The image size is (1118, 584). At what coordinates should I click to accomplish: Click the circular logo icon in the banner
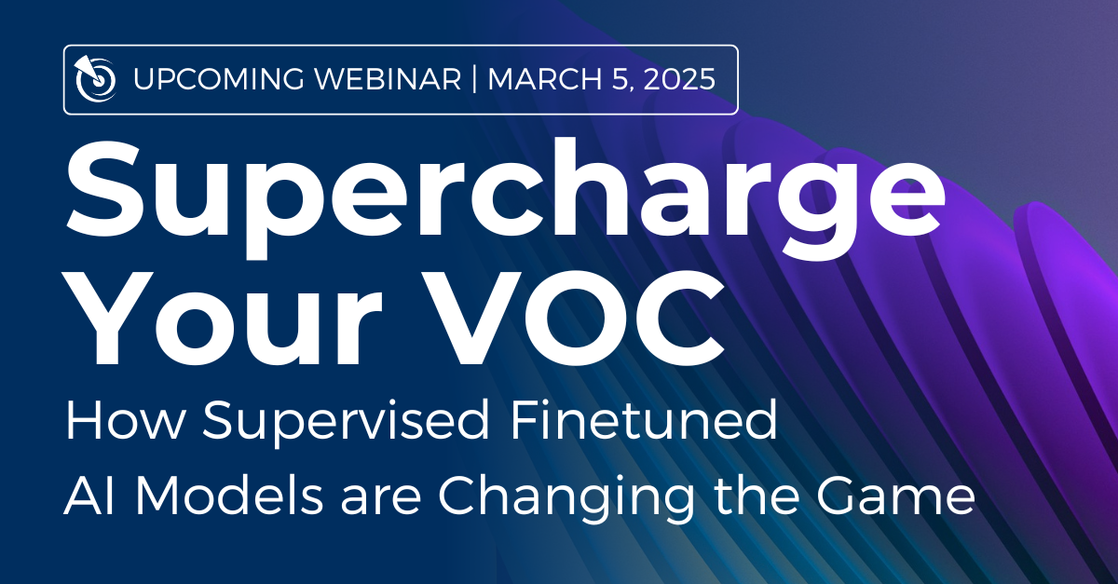pos(95,79)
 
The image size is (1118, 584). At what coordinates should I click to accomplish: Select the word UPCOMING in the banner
pos(219,79)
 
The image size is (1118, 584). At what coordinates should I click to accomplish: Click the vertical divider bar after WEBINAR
pos(474,79)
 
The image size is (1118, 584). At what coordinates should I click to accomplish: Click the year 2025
pos(679,79)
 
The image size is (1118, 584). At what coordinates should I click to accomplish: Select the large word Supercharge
pos(505,198)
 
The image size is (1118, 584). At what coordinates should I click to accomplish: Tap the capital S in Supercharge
pos(102,188)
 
